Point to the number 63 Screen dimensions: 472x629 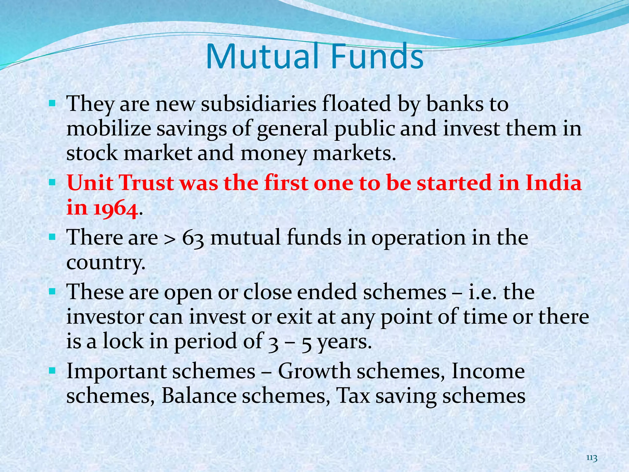(193, 238)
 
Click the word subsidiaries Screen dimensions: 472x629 (258, 104)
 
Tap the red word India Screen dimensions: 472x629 (553, 183)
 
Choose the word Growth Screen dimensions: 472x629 (314, 372)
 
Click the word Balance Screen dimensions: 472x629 (199, 396)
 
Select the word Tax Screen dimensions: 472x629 (353, 396)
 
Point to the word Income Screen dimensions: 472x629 (488, 372)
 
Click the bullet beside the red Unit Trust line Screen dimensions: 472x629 (52, 183)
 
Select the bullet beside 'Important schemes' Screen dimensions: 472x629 (52, 371)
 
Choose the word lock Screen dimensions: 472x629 (123, 341)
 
